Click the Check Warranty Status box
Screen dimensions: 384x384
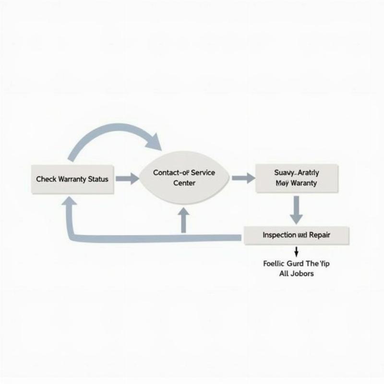[72, 179]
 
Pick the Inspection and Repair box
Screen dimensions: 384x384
[296, 235]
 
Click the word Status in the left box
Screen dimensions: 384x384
[97, 179]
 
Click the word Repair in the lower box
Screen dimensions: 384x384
[319, 235]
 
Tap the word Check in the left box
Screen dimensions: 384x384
[46, 179]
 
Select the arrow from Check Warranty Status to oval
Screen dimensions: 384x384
[127, 179]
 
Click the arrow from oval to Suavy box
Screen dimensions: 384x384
[243, 178]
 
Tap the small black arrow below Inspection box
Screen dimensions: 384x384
[296, 251]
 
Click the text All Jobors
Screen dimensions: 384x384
[296, 274]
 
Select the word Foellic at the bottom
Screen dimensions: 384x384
[275, 263]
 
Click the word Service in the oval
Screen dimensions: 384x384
[200, 172]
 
